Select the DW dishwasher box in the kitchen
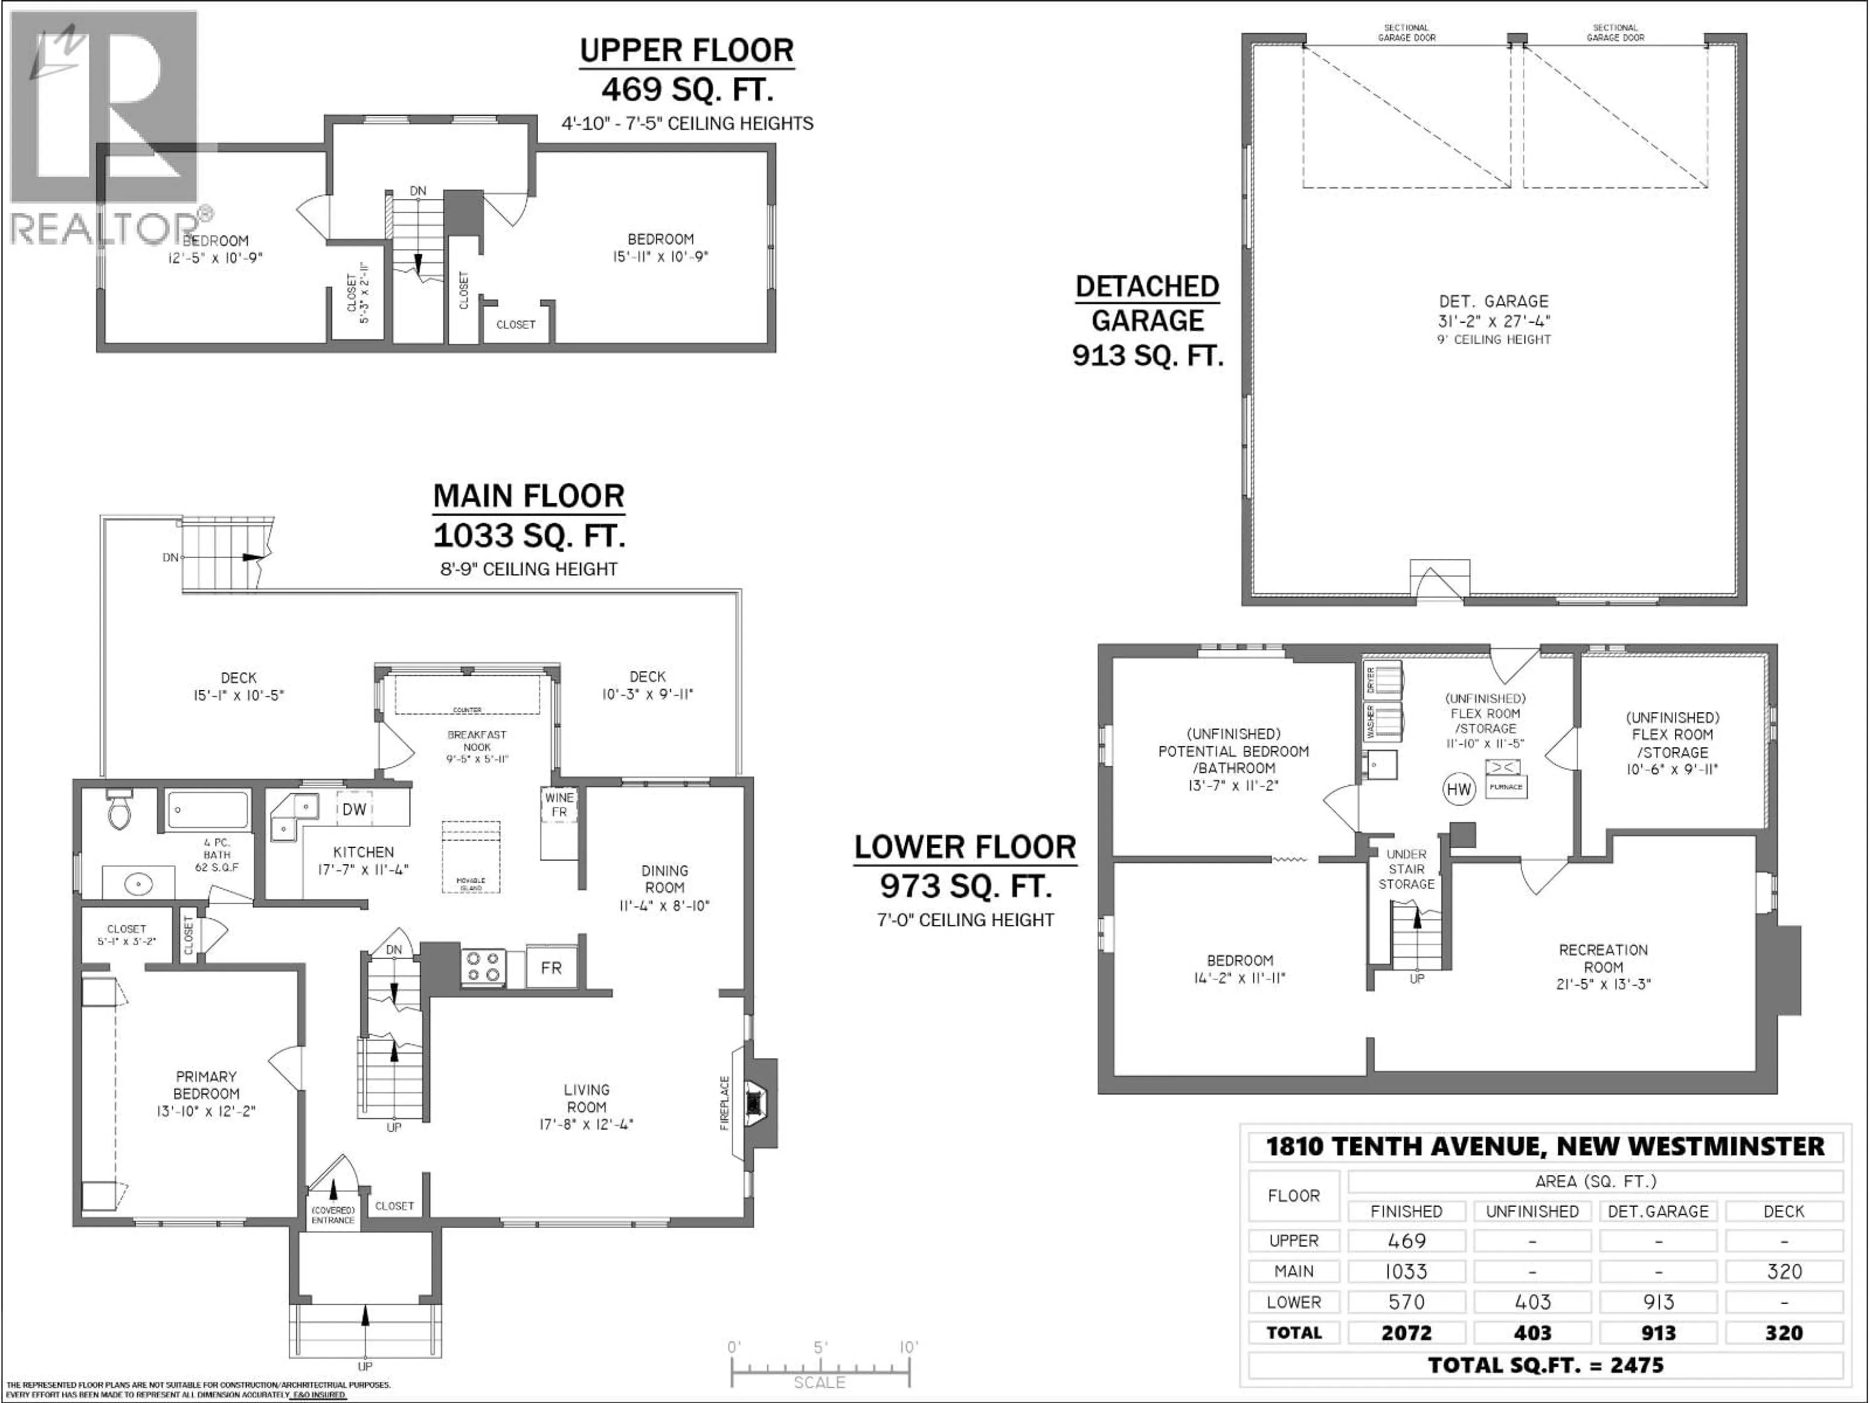tap(354, 809)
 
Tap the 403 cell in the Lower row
tap(1532, 1302)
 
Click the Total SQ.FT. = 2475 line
tap(1545, 1365)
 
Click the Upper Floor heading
tap(687, 51)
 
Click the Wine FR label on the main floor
tap(559, 804)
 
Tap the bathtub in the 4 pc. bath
tap(207, 809)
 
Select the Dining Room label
tap(664, 879)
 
